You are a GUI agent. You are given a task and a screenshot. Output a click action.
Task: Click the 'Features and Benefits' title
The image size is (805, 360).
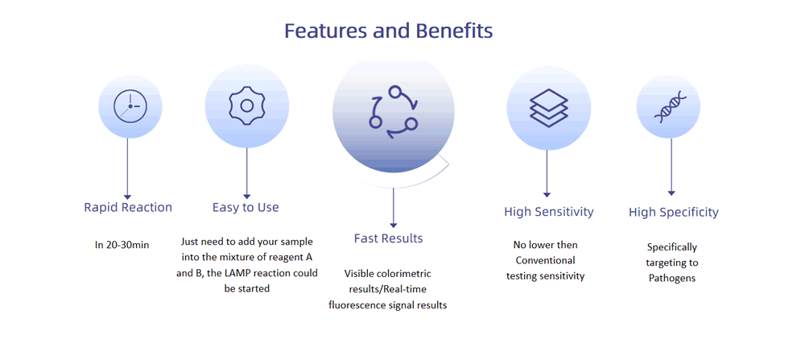[389, 31]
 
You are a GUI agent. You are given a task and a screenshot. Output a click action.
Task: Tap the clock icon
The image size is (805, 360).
[130, 106]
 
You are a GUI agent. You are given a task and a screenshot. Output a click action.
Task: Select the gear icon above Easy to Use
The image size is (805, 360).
[247, 106]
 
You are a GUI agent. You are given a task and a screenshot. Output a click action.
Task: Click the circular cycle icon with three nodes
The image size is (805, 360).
[394, 113]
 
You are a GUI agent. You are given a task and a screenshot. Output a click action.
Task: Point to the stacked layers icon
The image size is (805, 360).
[549, 108]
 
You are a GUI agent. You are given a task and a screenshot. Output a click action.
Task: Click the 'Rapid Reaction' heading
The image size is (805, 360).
[128, 208]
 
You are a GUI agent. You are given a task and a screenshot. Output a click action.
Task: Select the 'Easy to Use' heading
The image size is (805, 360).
[246, 208]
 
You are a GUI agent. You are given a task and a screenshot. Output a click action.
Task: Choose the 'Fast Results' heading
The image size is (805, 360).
[388, 238]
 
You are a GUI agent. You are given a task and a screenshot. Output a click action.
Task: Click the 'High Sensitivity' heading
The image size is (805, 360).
[549, 212]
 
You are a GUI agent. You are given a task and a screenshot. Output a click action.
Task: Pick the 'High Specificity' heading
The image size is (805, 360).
[674, 212]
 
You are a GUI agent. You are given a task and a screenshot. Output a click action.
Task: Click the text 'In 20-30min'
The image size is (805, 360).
[122, 245]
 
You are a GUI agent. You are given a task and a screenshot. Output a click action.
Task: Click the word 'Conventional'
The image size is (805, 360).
[546, 260]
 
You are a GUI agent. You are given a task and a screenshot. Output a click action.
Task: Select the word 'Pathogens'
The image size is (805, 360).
[672, 279]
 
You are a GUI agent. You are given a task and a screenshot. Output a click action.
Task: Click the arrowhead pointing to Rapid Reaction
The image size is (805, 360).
[128, 197]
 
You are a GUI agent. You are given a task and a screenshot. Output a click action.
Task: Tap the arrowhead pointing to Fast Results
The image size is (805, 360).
[394, 225]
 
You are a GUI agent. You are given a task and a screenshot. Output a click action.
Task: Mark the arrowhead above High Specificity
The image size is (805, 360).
[671, 193]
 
